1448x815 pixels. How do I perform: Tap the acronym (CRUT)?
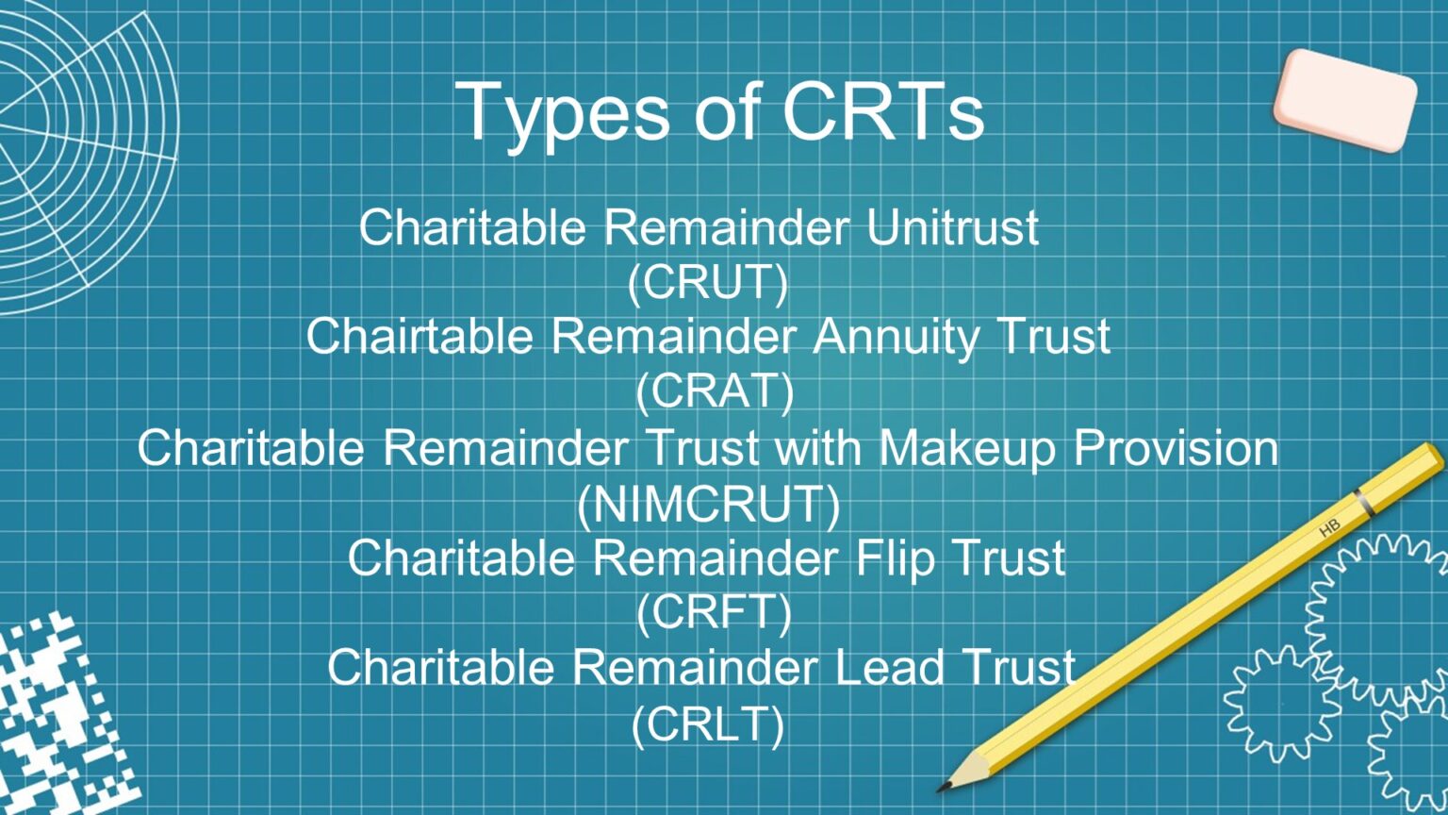coord(708,282)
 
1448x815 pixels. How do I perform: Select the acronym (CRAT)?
coord(715,391)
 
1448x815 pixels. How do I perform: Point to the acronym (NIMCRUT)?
coord(708,504)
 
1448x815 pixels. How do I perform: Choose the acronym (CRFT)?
coord(714,613)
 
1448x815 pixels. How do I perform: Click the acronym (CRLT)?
coord(708,724)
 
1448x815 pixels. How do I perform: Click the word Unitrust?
coord(952,227)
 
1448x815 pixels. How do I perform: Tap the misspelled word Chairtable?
coord(419,336)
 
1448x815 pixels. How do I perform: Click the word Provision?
coord(1176,448)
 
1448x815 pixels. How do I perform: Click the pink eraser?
coord(1344,100)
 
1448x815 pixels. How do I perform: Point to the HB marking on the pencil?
coord(1329,529)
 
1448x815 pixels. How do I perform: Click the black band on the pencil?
coord(1364,503)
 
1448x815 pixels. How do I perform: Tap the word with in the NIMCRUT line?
coord(817,448)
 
